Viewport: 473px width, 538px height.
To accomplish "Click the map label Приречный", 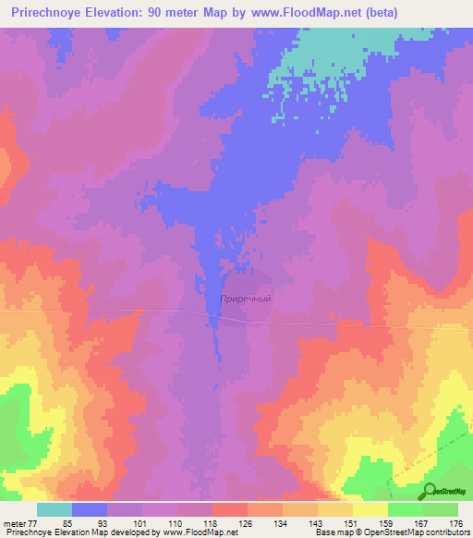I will pos(247,299).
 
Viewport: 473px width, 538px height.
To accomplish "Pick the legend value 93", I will pos(102,523).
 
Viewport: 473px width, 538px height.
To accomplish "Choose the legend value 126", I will pos(245,523).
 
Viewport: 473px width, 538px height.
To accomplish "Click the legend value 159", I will pos(384,523).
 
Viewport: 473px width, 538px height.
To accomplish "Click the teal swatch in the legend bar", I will pos(54,509).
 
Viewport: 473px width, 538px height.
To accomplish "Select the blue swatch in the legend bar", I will pos(89,509).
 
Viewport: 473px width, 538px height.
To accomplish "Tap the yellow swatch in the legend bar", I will pos(370,509).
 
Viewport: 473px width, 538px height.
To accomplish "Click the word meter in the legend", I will pos(16,523).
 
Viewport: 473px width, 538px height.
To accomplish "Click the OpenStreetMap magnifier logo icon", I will pos(430,490).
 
